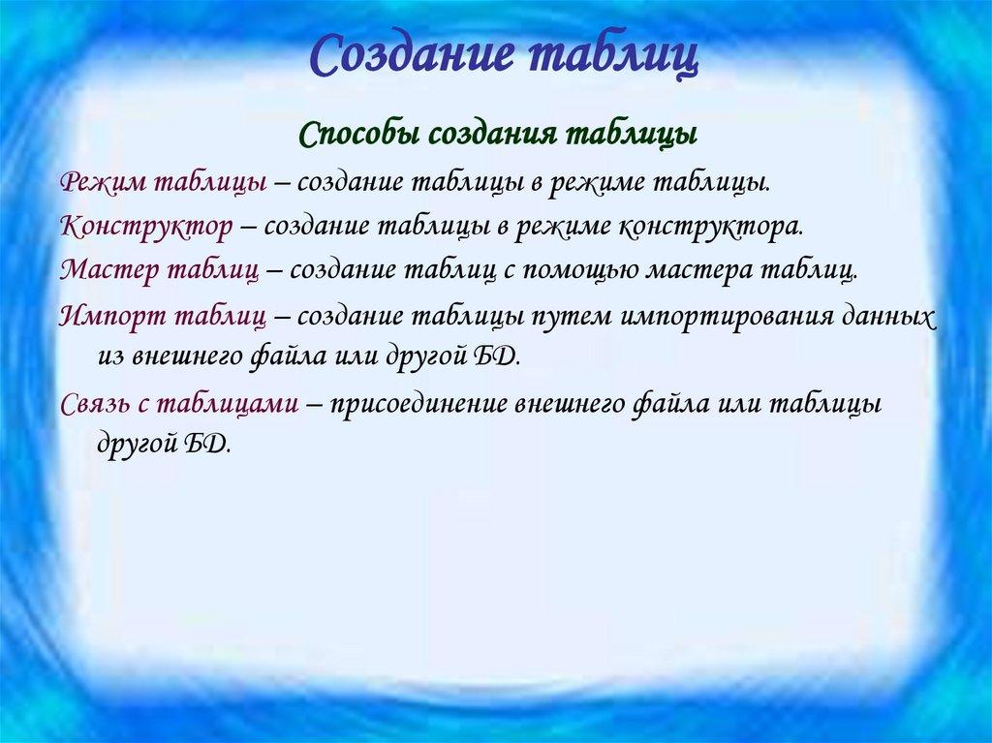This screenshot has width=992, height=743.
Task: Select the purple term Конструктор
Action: [x=145, y=226]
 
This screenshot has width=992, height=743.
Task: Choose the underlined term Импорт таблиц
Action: [x=162, y=316]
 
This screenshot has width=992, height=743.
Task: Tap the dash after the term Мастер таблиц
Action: [x=272, y=270]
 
